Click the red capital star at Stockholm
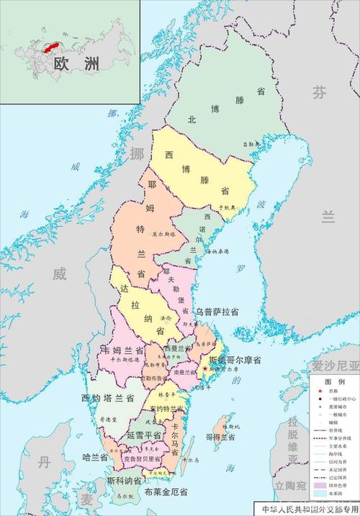207,369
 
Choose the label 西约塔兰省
108,397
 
